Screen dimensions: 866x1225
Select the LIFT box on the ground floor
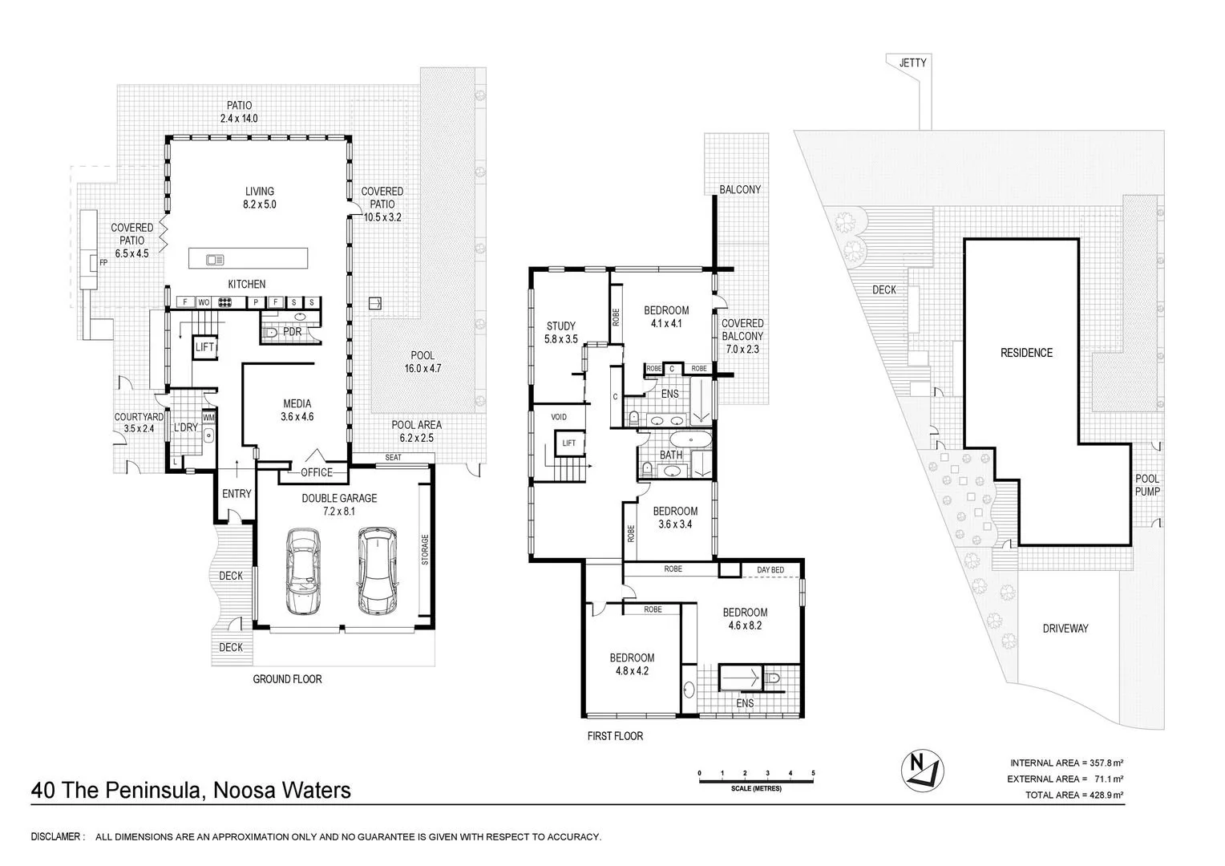click(x=204, y=347)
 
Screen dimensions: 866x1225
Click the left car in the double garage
click(x=301, y=572)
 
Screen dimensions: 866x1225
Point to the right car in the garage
click(x=375, y=570)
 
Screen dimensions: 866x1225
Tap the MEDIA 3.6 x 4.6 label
click(x=296, y=410)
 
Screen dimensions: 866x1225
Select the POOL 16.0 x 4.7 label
click(x=422, y=362)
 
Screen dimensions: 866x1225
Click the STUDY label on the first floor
click(x=561, y=332)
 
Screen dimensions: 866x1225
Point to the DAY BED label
click(x=770, y=569)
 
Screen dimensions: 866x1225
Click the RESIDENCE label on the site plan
click(x=1026, y=353)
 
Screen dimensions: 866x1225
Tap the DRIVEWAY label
click(x=1065, y=629)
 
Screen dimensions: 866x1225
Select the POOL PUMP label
click(x=1147, y=485)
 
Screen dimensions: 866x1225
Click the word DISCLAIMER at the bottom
click(x=57, y=837)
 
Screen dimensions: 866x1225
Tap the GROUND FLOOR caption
click(x=287, y=679)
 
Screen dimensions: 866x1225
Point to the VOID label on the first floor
click(x=559, y=417)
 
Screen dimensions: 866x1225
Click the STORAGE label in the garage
click(x=425, y=550)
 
